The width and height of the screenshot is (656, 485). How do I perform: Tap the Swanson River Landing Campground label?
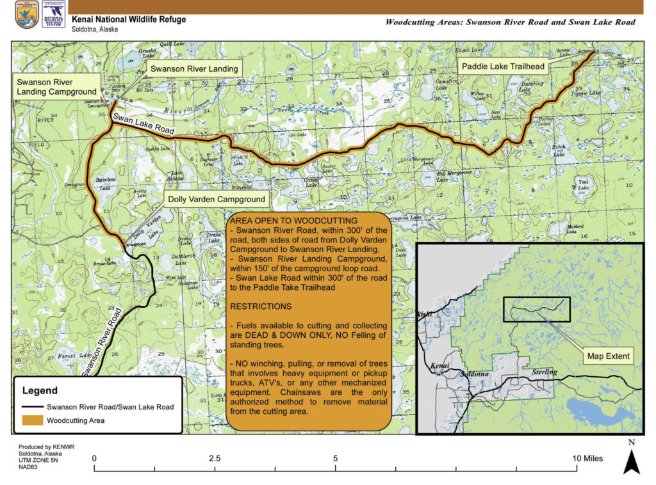point(55,88)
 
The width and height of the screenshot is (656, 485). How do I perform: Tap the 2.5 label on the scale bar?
point(215,458)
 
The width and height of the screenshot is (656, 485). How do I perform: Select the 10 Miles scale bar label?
point(587,458)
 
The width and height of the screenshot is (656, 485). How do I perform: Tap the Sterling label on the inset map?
point(545,372)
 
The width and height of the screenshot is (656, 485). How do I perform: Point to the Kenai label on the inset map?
point(441,365)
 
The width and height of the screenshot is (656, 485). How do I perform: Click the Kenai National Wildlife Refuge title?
point(129,19)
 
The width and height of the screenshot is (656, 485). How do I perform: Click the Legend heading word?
point(40,390)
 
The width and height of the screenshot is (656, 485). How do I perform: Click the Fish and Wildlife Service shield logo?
point(27,15)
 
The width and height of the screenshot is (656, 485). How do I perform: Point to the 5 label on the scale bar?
point(335,458)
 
